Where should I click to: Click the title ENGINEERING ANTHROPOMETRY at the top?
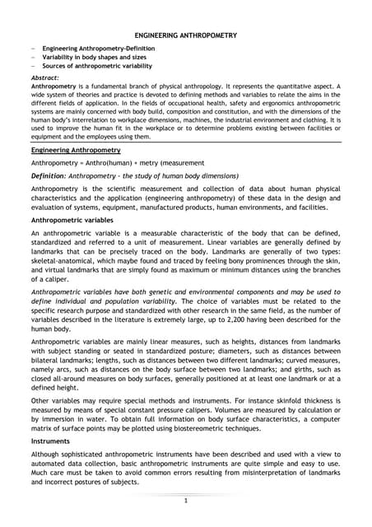(x=186, y=35)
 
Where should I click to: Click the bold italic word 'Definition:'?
(x=53, y=176)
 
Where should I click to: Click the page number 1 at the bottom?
(x=186, y=501)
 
